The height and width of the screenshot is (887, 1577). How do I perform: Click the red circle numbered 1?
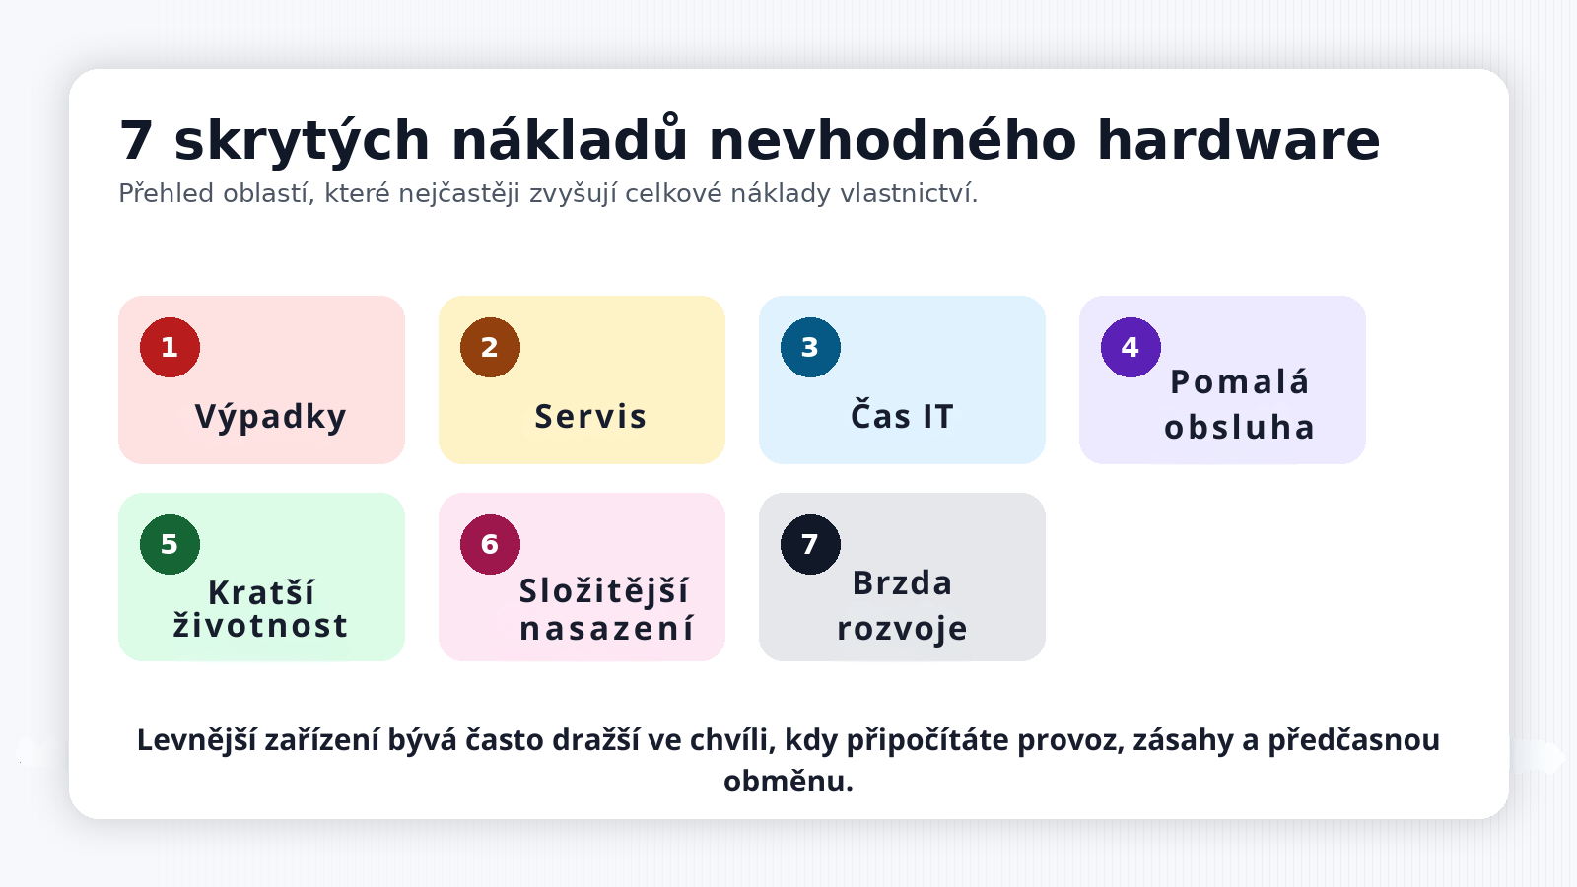click(170, 347)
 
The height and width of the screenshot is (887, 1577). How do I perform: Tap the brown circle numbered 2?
click(490, 347)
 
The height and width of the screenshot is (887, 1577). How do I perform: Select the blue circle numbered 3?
click(810, 347)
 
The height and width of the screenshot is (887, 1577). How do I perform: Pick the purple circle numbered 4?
click(1131, 347)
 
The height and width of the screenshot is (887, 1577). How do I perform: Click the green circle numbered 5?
click(170, 544)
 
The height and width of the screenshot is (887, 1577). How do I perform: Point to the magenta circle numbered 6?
click(490, 544)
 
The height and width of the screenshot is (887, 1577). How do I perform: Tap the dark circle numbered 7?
click(810, 544)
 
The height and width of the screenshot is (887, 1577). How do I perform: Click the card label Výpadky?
click(270, 417)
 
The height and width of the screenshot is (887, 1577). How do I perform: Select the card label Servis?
click(590, 417)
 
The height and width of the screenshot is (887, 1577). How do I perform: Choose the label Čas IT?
click(902, 417)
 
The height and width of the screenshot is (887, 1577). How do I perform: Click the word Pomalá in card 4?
click(1240, 382)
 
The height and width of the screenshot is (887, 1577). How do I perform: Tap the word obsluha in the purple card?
click(1240, 428)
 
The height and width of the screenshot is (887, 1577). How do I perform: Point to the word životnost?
click(260, 626)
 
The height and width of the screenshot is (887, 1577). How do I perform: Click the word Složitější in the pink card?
click(604, 591)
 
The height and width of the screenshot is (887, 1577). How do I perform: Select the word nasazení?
click(607, 629)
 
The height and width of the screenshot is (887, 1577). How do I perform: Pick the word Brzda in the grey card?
click(902, 583)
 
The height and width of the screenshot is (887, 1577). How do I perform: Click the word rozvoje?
click(902, 629)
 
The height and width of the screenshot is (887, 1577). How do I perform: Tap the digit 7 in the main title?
click(136, 141)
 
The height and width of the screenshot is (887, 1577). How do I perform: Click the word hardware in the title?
click(1238, 141)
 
